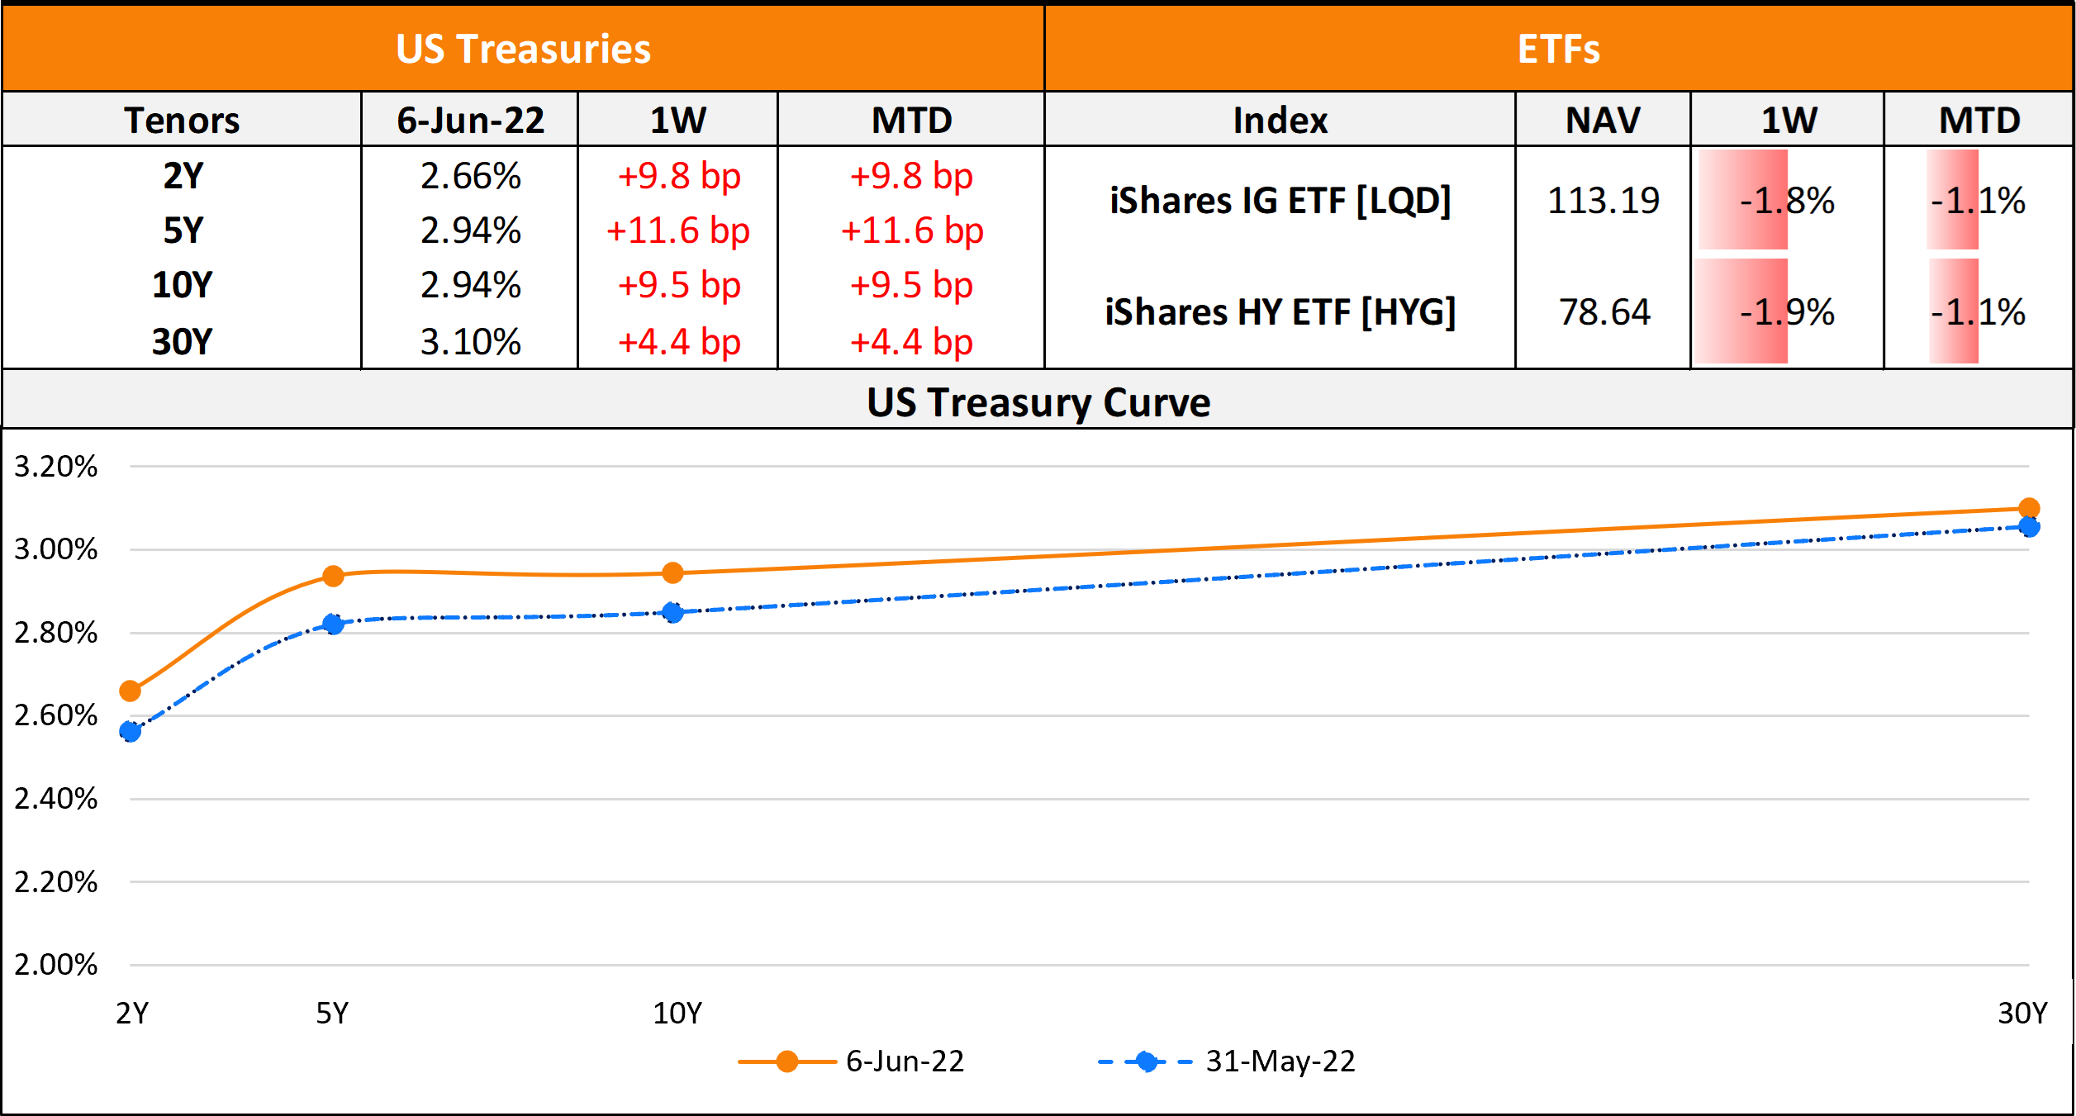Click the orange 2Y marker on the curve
[x=131, y=691]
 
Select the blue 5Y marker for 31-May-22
[x=333, y=624]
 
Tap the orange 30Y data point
[x=2028, y=508]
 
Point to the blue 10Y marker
[x=673, y=612]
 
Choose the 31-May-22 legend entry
[x=1228, y=1061]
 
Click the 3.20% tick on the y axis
[x=56, y=467]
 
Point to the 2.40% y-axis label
[x=56, y=799]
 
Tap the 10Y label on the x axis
[x=677, y=1013]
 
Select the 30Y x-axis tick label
[x=2022, y=1013]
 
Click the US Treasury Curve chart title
[x=1038, y=402]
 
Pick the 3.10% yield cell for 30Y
[x=470, y=342]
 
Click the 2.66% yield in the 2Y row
[x=470, y=176]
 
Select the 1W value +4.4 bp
[x=679, y=342]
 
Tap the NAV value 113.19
[x=1603, y=201]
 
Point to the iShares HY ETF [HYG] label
[x=1280, y=312]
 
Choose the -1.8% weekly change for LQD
[x=1787, y=201]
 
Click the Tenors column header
[x=182, y=121]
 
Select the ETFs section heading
[x=1558, y=49]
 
